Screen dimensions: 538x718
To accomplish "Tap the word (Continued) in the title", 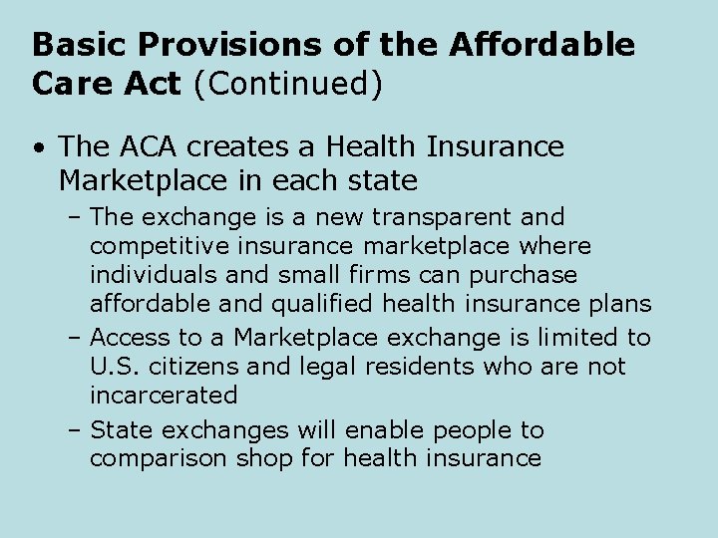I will [x=288, y=84].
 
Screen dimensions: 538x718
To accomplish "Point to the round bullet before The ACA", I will [x=37, y=149].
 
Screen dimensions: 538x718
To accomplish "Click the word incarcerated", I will [x=164, y=396].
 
